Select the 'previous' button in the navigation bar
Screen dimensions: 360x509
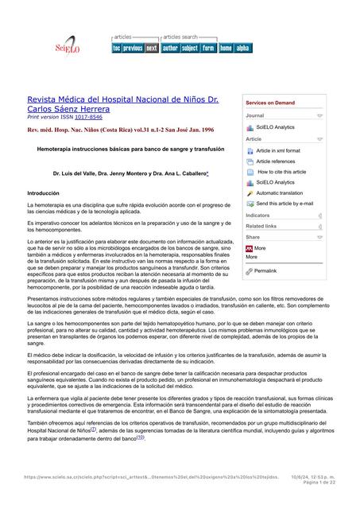[133, 48]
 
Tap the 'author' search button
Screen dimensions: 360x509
[170, 48]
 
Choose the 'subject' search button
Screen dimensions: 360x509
[189, 48]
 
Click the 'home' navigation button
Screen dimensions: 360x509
[226, 48]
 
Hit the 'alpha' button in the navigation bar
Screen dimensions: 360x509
[242, 48]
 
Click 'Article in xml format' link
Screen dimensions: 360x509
[278, 150]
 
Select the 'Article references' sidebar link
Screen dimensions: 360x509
[276, 161]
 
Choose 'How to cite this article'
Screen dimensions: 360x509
[281, 172]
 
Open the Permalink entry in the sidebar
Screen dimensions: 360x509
[265, 271]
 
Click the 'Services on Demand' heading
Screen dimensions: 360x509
[270, 103]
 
